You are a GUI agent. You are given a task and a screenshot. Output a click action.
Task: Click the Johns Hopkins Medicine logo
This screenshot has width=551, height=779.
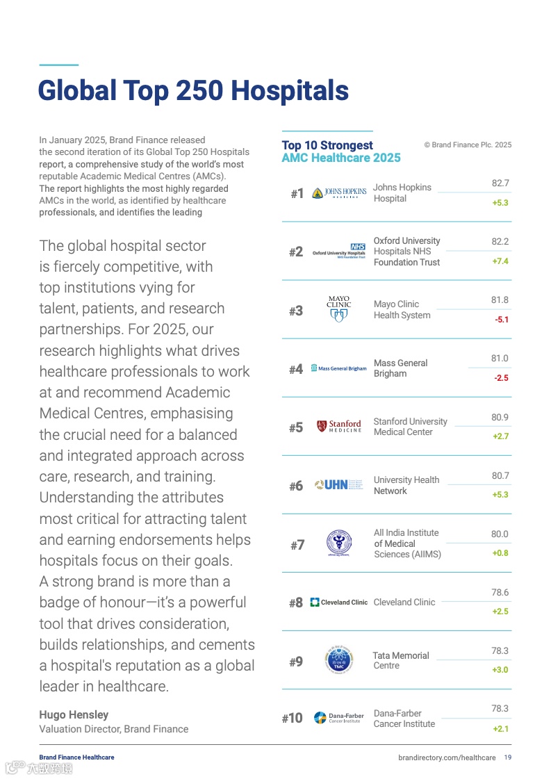tap(339, 193)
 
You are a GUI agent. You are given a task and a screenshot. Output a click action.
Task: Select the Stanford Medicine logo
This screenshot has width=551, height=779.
tap(339, 426)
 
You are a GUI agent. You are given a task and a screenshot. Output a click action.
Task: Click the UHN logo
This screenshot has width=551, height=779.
tap(339, 484)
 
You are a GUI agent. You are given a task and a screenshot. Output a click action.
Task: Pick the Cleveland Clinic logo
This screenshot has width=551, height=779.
tap(339, 602)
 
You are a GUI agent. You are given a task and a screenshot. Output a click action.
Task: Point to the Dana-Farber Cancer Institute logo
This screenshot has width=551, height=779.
tap(339, 718)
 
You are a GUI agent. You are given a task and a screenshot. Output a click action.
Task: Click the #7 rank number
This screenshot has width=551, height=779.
tap(297, 545)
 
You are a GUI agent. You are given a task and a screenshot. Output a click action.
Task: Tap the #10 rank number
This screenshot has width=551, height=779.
tap(292, 718)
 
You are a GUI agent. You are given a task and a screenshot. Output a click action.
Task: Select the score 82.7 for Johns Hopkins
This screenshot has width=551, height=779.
tap(500, 183)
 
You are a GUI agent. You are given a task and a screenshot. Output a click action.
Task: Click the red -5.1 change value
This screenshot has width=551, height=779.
tap(501, 320)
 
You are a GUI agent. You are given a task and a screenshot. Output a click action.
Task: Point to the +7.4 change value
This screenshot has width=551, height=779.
tap(500, 261)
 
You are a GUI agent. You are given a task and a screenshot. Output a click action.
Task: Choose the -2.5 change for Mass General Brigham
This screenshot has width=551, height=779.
tap(501, 378)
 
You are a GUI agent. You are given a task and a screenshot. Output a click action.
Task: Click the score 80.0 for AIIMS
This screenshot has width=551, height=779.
tap(500, 534)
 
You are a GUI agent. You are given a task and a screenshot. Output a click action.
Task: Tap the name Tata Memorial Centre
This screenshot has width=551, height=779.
tap(401, 660)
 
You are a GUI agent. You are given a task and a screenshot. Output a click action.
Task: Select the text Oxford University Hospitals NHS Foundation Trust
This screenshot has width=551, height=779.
tap(406, 252)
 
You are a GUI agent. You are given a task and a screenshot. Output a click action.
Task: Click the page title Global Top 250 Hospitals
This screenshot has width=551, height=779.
tap(193, 90)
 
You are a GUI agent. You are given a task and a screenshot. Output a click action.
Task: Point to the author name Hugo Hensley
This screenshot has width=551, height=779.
tap(74, 714)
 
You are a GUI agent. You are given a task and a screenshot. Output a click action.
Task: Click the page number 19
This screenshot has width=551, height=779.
tap(508, 757)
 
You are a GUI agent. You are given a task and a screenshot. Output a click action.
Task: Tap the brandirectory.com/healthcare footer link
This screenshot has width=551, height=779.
tap(447, 757)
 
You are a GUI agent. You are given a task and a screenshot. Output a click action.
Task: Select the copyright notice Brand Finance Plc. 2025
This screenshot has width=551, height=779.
tap(468, 145)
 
